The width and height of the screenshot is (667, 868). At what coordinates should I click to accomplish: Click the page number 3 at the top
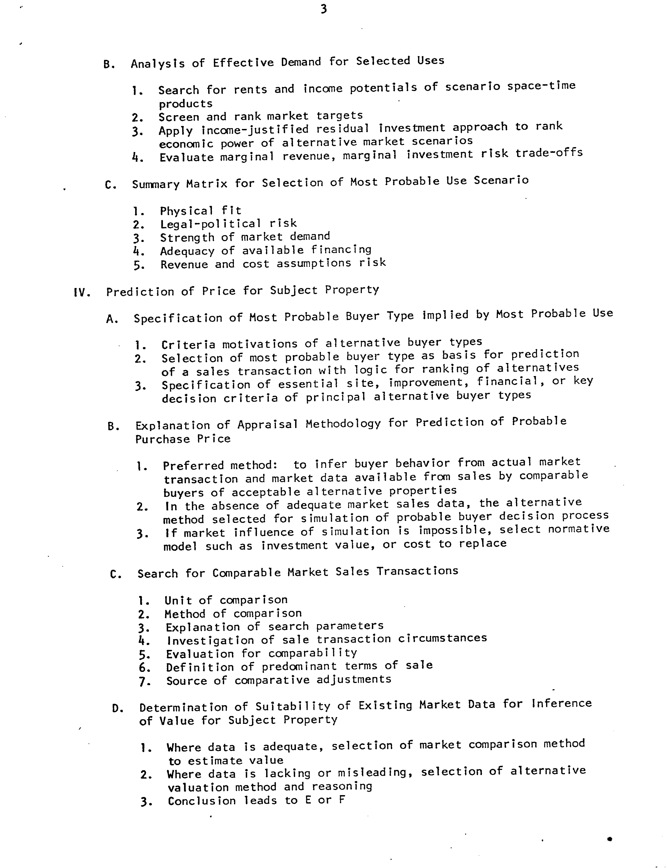[x=324, y=9]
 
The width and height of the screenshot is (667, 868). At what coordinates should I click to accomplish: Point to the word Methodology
[x=343, y=424]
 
